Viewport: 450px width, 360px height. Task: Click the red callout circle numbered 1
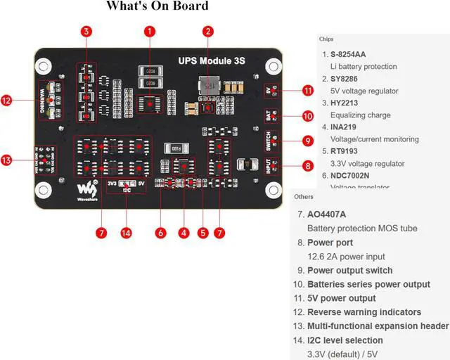pos(150,31)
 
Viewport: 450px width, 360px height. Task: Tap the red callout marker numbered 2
pos(208,31)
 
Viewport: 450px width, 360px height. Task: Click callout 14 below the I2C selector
pos(127,232)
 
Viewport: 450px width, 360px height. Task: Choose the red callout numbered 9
pos(308,141)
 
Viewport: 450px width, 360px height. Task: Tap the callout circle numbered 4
pos(184,232)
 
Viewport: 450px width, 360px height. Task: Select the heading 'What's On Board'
pos(157,6)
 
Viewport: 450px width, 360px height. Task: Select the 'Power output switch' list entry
pos(349,270)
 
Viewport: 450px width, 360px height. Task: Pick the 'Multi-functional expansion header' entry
pos(378,326)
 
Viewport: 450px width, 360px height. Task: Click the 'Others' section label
pos(304,196)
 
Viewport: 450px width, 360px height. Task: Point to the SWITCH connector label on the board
pos(269,141)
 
